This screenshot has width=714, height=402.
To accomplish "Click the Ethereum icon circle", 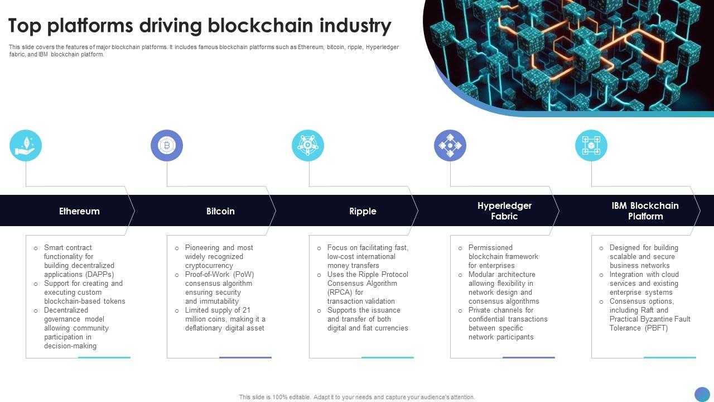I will (26, 146).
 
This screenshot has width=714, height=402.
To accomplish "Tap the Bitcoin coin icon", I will (167, 146).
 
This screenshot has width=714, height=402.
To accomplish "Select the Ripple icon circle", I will (308, 146).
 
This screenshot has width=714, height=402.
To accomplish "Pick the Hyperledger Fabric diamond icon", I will (450, 146).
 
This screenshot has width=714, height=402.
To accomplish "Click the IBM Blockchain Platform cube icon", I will (591, 146).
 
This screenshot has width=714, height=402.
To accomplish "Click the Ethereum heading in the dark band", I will (79, 211).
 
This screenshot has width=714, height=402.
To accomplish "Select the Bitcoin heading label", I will (220, 211).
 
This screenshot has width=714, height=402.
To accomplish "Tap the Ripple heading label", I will (363, 211).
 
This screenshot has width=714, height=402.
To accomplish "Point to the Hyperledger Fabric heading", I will (504, 211).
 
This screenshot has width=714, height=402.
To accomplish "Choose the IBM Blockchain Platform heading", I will (645, 211).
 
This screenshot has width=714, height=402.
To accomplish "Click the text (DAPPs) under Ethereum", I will (100, 275).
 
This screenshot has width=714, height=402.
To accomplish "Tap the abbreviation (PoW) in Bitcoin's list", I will (243, 275).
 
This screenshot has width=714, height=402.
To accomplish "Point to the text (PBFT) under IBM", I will (655, 328).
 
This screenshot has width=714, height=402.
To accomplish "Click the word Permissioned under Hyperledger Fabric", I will (490, 248).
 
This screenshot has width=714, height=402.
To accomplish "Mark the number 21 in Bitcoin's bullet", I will (246, 310).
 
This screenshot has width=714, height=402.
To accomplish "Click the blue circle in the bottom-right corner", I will (702, 394).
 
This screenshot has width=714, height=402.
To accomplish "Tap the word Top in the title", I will (25, 26).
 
